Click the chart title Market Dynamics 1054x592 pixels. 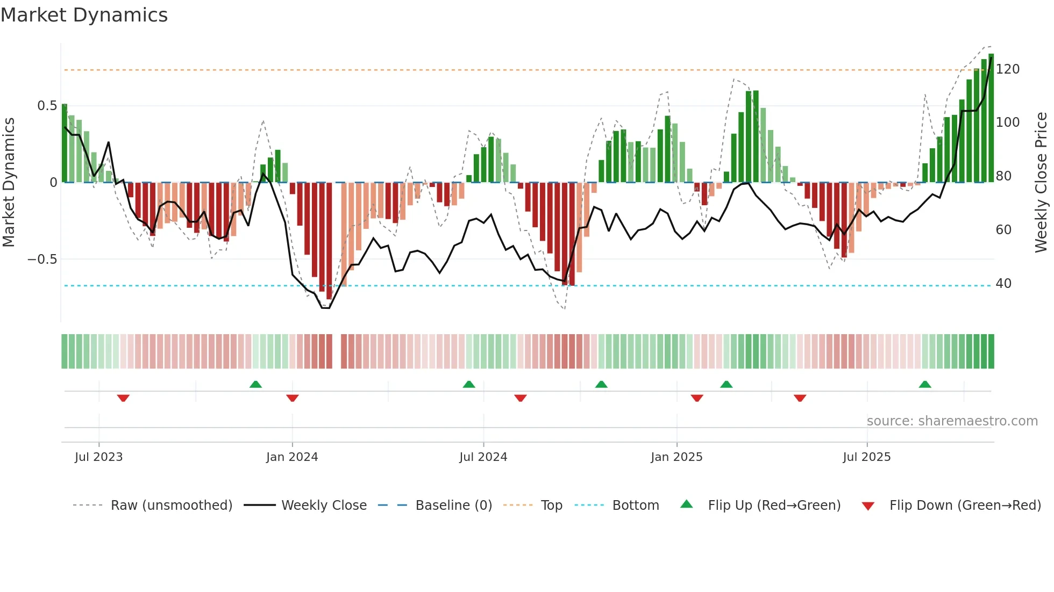[x=84, y=15]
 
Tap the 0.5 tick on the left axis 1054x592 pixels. [x=47, y=106]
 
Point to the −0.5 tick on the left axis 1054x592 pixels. [x=42, y=259]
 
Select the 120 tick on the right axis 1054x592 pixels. [x=1007, y=69]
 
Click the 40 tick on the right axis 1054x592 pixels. [x=1003, y=284]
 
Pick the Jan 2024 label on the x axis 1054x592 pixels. [x=292, y=457]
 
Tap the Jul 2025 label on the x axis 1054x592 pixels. [x=866, y=457]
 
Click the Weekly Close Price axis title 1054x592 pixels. [x=1041, y=183]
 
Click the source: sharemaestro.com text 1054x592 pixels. [x=952, y=421]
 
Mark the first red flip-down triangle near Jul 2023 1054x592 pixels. [x=123, y=398]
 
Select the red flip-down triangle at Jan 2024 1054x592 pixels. [x=293, y=398]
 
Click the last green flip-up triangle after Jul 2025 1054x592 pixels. [x=925, y=384]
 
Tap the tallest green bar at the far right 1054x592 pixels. [x=991, y=118]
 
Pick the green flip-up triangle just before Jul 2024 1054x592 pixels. [x=469, y=384]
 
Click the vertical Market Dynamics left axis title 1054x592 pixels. [x=9, y=183]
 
